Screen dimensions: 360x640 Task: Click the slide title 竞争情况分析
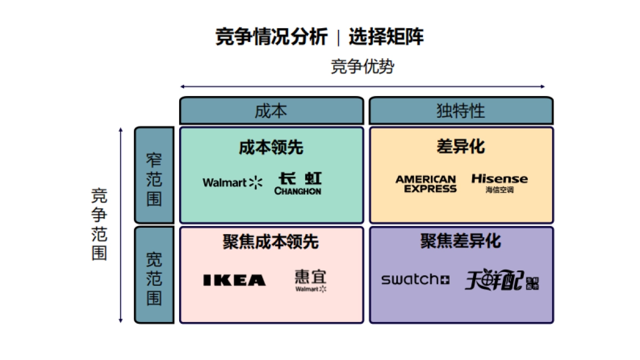coord(271,38)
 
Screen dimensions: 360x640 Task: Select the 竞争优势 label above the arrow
coord(363,67)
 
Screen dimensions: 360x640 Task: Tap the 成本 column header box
coord(271,110)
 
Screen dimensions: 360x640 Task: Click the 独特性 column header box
coord(461,110)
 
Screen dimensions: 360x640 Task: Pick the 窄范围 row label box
coord(154,175)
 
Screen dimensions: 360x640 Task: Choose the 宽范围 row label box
coord(154,275)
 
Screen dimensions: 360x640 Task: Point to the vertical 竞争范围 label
coord(99,224)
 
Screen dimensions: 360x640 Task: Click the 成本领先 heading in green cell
coord(271,147)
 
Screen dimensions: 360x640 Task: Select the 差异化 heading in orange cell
coord(461,147)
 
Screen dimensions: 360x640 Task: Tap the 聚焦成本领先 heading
coord(271,242)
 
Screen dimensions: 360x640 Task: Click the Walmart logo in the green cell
coord(233,182)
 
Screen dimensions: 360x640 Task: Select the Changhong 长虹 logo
coord(298,183)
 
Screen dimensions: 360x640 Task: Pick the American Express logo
coord(426,183)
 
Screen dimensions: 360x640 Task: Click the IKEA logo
coord(234,280)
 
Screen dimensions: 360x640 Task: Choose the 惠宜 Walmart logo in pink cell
coord(311,281)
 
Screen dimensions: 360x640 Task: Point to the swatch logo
coord(415,279)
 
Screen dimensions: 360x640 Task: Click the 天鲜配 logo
coord(501,280)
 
